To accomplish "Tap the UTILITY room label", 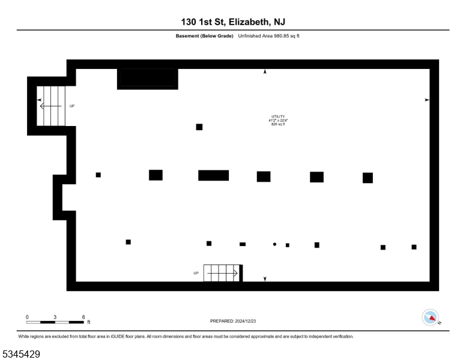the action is [278, 116].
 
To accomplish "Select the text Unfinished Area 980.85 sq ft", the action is [268, 36].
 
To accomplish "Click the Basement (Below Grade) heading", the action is [204, 36].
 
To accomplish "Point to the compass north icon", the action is [431, 317].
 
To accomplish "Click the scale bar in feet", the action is [55, 322].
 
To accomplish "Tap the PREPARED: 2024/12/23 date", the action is [233, 321].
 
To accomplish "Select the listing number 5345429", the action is [21, 354].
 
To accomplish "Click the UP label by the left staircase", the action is [72, 106].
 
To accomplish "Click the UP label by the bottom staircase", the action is [196, 273].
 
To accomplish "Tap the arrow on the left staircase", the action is [51, 106].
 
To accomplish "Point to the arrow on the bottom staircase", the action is [222, 273].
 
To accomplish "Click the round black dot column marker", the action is [274, 244].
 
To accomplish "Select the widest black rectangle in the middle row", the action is [213, 175].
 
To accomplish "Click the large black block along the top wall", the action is [148, 79].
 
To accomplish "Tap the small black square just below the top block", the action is [199, 127].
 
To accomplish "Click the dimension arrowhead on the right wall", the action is [427, 100].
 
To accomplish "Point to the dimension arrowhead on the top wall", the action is [265, 71].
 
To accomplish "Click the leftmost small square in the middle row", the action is [98, 175].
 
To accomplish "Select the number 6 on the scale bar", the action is [83, 317].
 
